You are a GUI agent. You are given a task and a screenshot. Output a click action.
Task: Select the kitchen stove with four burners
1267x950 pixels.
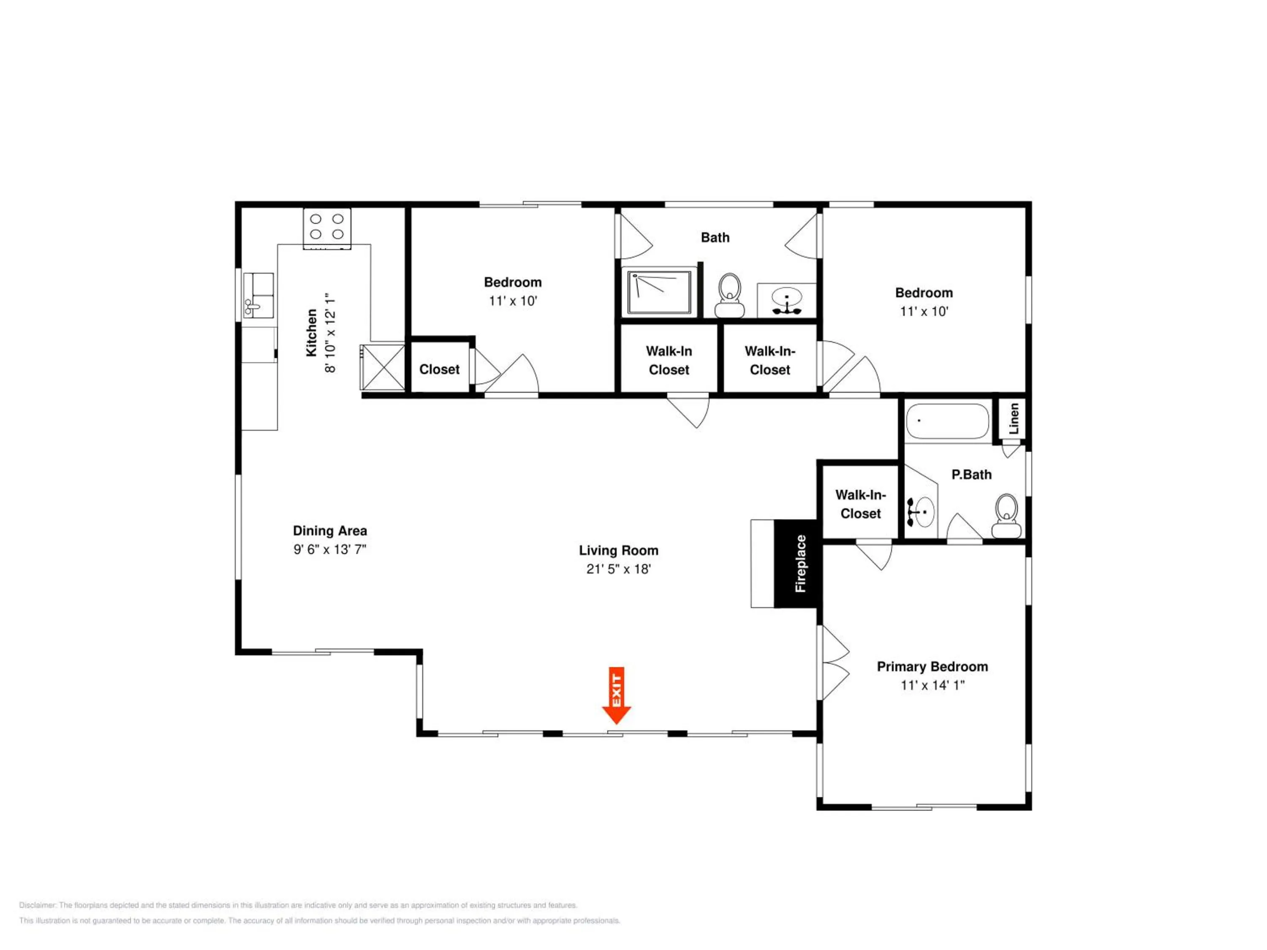(x=326, y=228)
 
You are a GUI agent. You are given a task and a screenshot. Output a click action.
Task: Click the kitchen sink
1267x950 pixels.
(x=258, y=296)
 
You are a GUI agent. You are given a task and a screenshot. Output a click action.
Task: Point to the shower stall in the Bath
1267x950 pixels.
(x=660, y=293)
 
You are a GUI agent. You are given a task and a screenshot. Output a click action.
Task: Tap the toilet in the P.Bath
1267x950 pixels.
(x=1006, y=516)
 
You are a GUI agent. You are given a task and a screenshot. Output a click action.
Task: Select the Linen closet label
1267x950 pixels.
(x=1014, y=418)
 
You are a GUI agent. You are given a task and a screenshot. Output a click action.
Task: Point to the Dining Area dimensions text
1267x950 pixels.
(x=330, y=549)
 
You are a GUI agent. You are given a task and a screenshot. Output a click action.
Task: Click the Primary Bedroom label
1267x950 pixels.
(x=933, y=667)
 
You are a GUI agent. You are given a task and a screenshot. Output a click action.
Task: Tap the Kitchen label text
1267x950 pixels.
(x=312, y=333)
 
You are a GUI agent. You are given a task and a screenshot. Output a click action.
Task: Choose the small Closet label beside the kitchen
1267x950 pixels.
(x=439, y=369)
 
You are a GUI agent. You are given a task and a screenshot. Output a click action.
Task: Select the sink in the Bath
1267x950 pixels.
(x=786, y=302)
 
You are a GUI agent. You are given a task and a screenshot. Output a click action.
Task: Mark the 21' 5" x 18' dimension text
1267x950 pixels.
(x=619, y=569)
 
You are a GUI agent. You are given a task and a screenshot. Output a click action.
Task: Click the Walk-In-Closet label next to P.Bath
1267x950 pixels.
(x=860, y=504)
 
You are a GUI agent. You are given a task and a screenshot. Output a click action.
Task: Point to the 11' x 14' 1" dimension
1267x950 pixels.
(x=933, y=685)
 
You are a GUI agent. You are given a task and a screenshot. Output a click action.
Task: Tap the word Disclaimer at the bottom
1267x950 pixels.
(x=38, y=905)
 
